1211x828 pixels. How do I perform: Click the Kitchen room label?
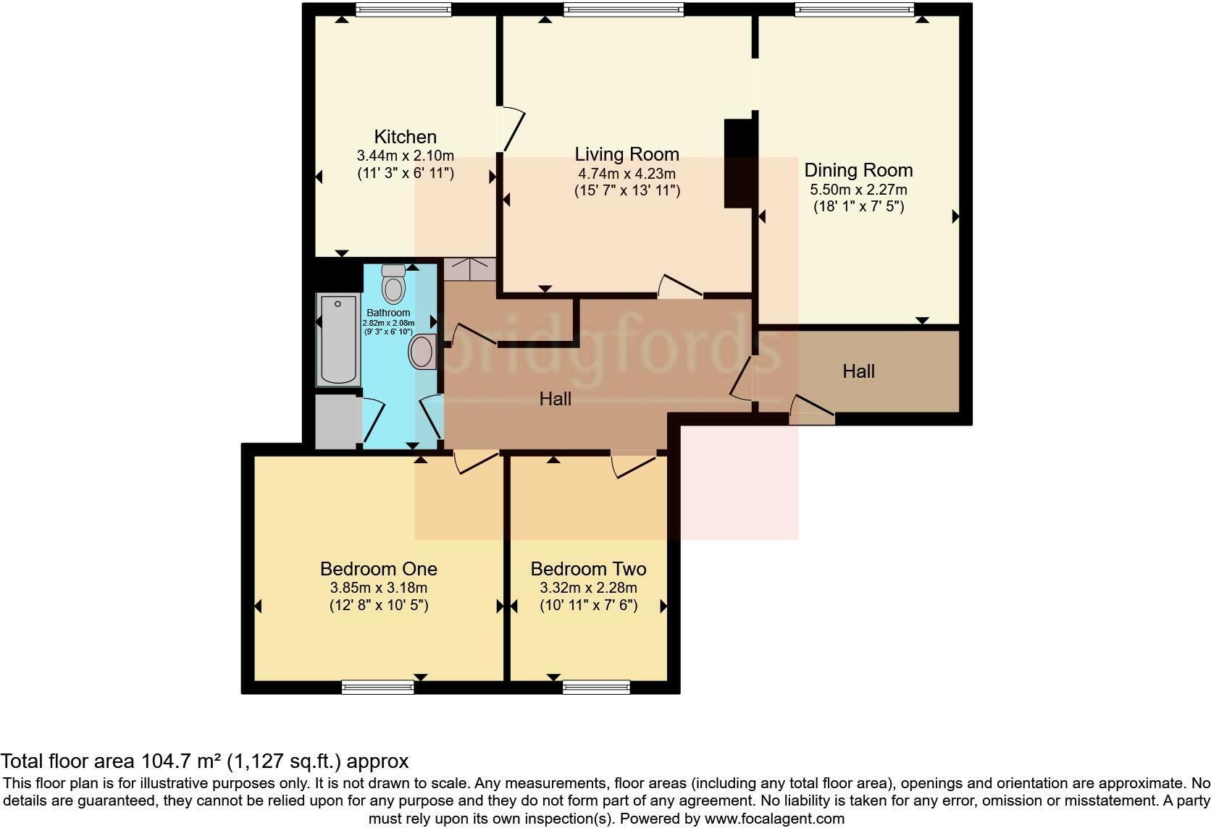tap(405, 137)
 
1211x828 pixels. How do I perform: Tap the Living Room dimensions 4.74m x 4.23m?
tap(627, 174)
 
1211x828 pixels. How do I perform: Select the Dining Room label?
tap(858, 170)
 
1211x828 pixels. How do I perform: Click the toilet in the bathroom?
tap(393, 284)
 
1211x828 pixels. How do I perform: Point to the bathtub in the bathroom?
tap(338, 339)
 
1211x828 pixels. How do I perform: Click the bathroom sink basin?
tap(422, 352)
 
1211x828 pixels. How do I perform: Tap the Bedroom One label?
tap(378, 569)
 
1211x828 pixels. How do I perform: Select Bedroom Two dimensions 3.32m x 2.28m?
tap(588, 588)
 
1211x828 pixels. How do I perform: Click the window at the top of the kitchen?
tap(403, 9)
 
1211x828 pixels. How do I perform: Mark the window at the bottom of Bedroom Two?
tap(596, 687)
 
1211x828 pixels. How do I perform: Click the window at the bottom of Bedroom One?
tap(377, 687)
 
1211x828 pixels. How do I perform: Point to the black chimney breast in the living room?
tap(738, 164)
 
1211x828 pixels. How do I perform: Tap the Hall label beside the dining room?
tap(858, 371)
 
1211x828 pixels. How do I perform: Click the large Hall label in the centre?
tap(555, 399)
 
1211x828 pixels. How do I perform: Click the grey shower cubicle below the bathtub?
tap(338, 421)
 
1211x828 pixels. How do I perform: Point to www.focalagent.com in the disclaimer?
tap(774, 819)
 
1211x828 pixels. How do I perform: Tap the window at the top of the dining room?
tap(854, 9)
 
